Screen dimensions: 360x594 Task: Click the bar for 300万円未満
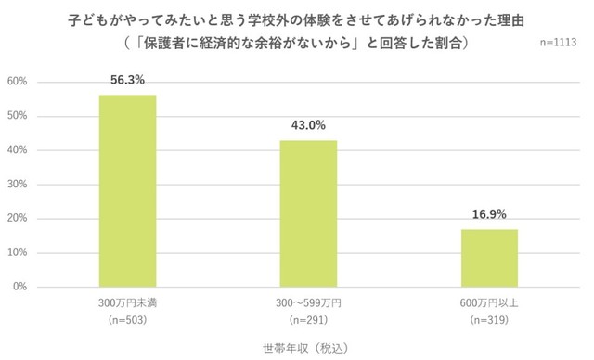click(x=127, y=191)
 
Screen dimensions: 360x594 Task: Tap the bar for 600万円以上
click(x=489, y=258)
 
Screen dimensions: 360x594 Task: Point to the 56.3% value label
click(x=127, y=80)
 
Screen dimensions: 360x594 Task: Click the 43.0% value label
click(x=308, y=125)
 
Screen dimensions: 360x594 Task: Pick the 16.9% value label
click(x=489, y=214)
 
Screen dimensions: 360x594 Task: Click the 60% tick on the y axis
click(x=19, y=82)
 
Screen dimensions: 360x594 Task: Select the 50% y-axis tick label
click(x=19, y=116)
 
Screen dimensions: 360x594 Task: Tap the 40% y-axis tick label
click(x=19, y=150)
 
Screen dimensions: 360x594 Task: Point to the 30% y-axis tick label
click(x=19, y=185)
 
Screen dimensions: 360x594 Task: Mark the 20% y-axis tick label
click(x=19, y=219)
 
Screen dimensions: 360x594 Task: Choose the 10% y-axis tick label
click(x=19, y=253)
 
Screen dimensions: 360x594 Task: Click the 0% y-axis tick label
click(x=21, y=288)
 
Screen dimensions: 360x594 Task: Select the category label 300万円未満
click(x=127, y=303)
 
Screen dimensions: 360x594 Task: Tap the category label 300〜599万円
click(x=308, y=303)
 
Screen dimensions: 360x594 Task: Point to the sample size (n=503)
click(x=127, y=320)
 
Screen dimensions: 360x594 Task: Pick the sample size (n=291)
click(x=308, y=320)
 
